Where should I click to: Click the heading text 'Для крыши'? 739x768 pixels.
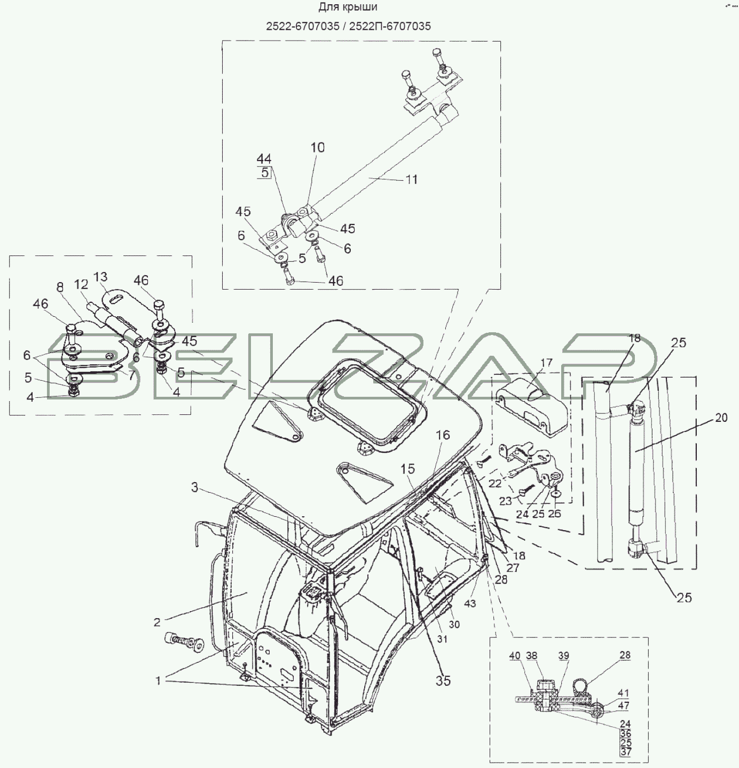[x=348, y=7]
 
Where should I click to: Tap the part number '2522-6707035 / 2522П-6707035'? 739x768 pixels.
[x=348, y=26]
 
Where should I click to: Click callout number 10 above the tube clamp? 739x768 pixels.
[x=318, y=148]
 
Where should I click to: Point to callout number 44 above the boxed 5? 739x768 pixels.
[x=264, y=159]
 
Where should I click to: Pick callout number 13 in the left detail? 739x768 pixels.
[x=100, y=277]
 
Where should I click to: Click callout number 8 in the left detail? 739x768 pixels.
[x=60, y=287]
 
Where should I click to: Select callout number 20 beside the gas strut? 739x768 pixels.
[x=721, y=418]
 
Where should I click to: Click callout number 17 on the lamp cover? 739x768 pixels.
[x=546, y=363]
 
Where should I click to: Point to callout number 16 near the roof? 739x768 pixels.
[x=443, y=436]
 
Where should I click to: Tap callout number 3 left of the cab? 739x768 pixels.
[x=195, y=487]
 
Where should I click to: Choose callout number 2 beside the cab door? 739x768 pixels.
[x=157, y=621]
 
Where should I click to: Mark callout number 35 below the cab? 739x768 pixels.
[x=443, y=681]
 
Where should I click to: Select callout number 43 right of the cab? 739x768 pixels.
[x=470, y=604]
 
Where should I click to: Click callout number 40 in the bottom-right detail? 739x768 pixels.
[x=514, y=656]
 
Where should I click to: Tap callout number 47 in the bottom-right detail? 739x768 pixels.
[x=623, y=705]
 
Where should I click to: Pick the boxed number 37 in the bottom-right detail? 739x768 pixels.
[x=626, y=752]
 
